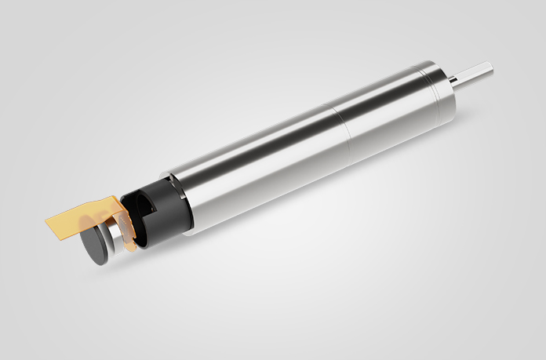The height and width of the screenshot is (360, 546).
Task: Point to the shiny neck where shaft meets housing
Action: tap(453, 82)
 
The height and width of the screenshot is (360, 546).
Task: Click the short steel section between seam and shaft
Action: tap(384, 106)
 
